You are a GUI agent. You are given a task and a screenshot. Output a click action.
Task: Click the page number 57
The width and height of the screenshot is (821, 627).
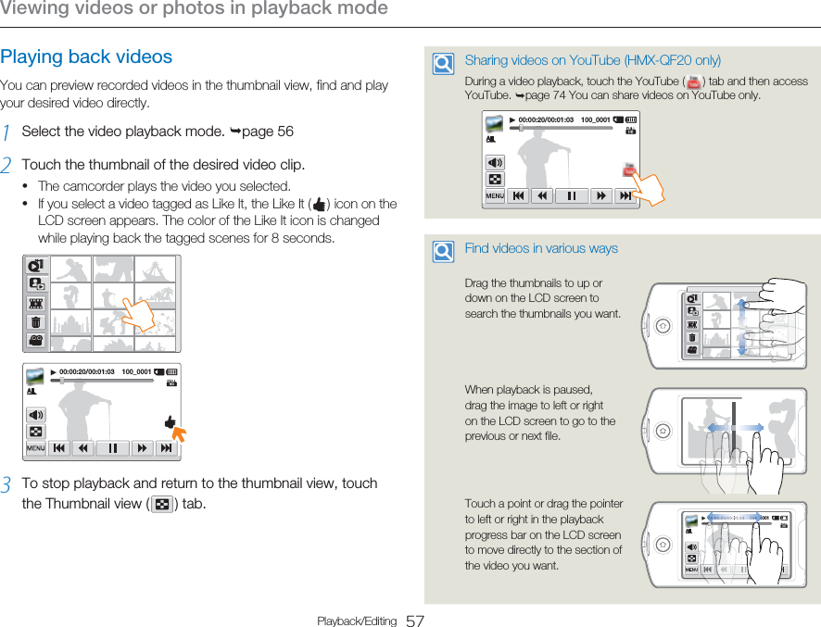(x=415, y=621)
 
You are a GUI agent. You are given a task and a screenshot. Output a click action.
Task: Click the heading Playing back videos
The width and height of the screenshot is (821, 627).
(x=86, y=56)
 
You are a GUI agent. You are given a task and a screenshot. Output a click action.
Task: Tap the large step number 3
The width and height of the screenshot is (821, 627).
(x=6, y=485)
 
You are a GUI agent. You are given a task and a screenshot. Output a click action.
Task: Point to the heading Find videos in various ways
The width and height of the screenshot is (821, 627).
(x=541, y=248)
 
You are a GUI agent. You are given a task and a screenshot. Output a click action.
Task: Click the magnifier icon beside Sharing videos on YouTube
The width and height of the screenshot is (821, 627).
(x=444, y=64)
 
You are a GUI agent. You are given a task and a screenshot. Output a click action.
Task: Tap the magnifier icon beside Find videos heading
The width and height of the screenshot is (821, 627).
(x=444, y=251)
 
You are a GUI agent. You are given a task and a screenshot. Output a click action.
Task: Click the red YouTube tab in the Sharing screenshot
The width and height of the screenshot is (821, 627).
(x=629, y=170)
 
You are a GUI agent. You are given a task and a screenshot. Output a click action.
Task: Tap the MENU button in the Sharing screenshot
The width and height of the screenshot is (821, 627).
(x=495, y=196)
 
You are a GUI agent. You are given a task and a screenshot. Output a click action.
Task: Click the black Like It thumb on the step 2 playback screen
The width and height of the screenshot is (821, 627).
(x=171, y=422)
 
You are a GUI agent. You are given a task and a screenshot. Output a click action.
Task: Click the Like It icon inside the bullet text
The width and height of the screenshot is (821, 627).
(x=320, y=205)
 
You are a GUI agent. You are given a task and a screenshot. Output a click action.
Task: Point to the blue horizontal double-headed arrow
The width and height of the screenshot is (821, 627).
(x=737, y=428)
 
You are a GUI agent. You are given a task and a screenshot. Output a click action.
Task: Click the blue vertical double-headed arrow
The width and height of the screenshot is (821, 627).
(x=741, y=327)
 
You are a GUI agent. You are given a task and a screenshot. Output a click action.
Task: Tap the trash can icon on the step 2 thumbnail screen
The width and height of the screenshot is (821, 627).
(x=35, y=322)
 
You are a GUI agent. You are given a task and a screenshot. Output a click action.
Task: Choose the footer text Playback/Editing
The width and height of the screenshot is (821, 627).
(x=357, y=621)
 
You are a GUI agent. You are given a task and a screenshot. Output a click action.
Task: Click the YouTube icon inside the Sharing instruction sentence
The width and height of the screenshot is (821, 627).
(x=691, y=82)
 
